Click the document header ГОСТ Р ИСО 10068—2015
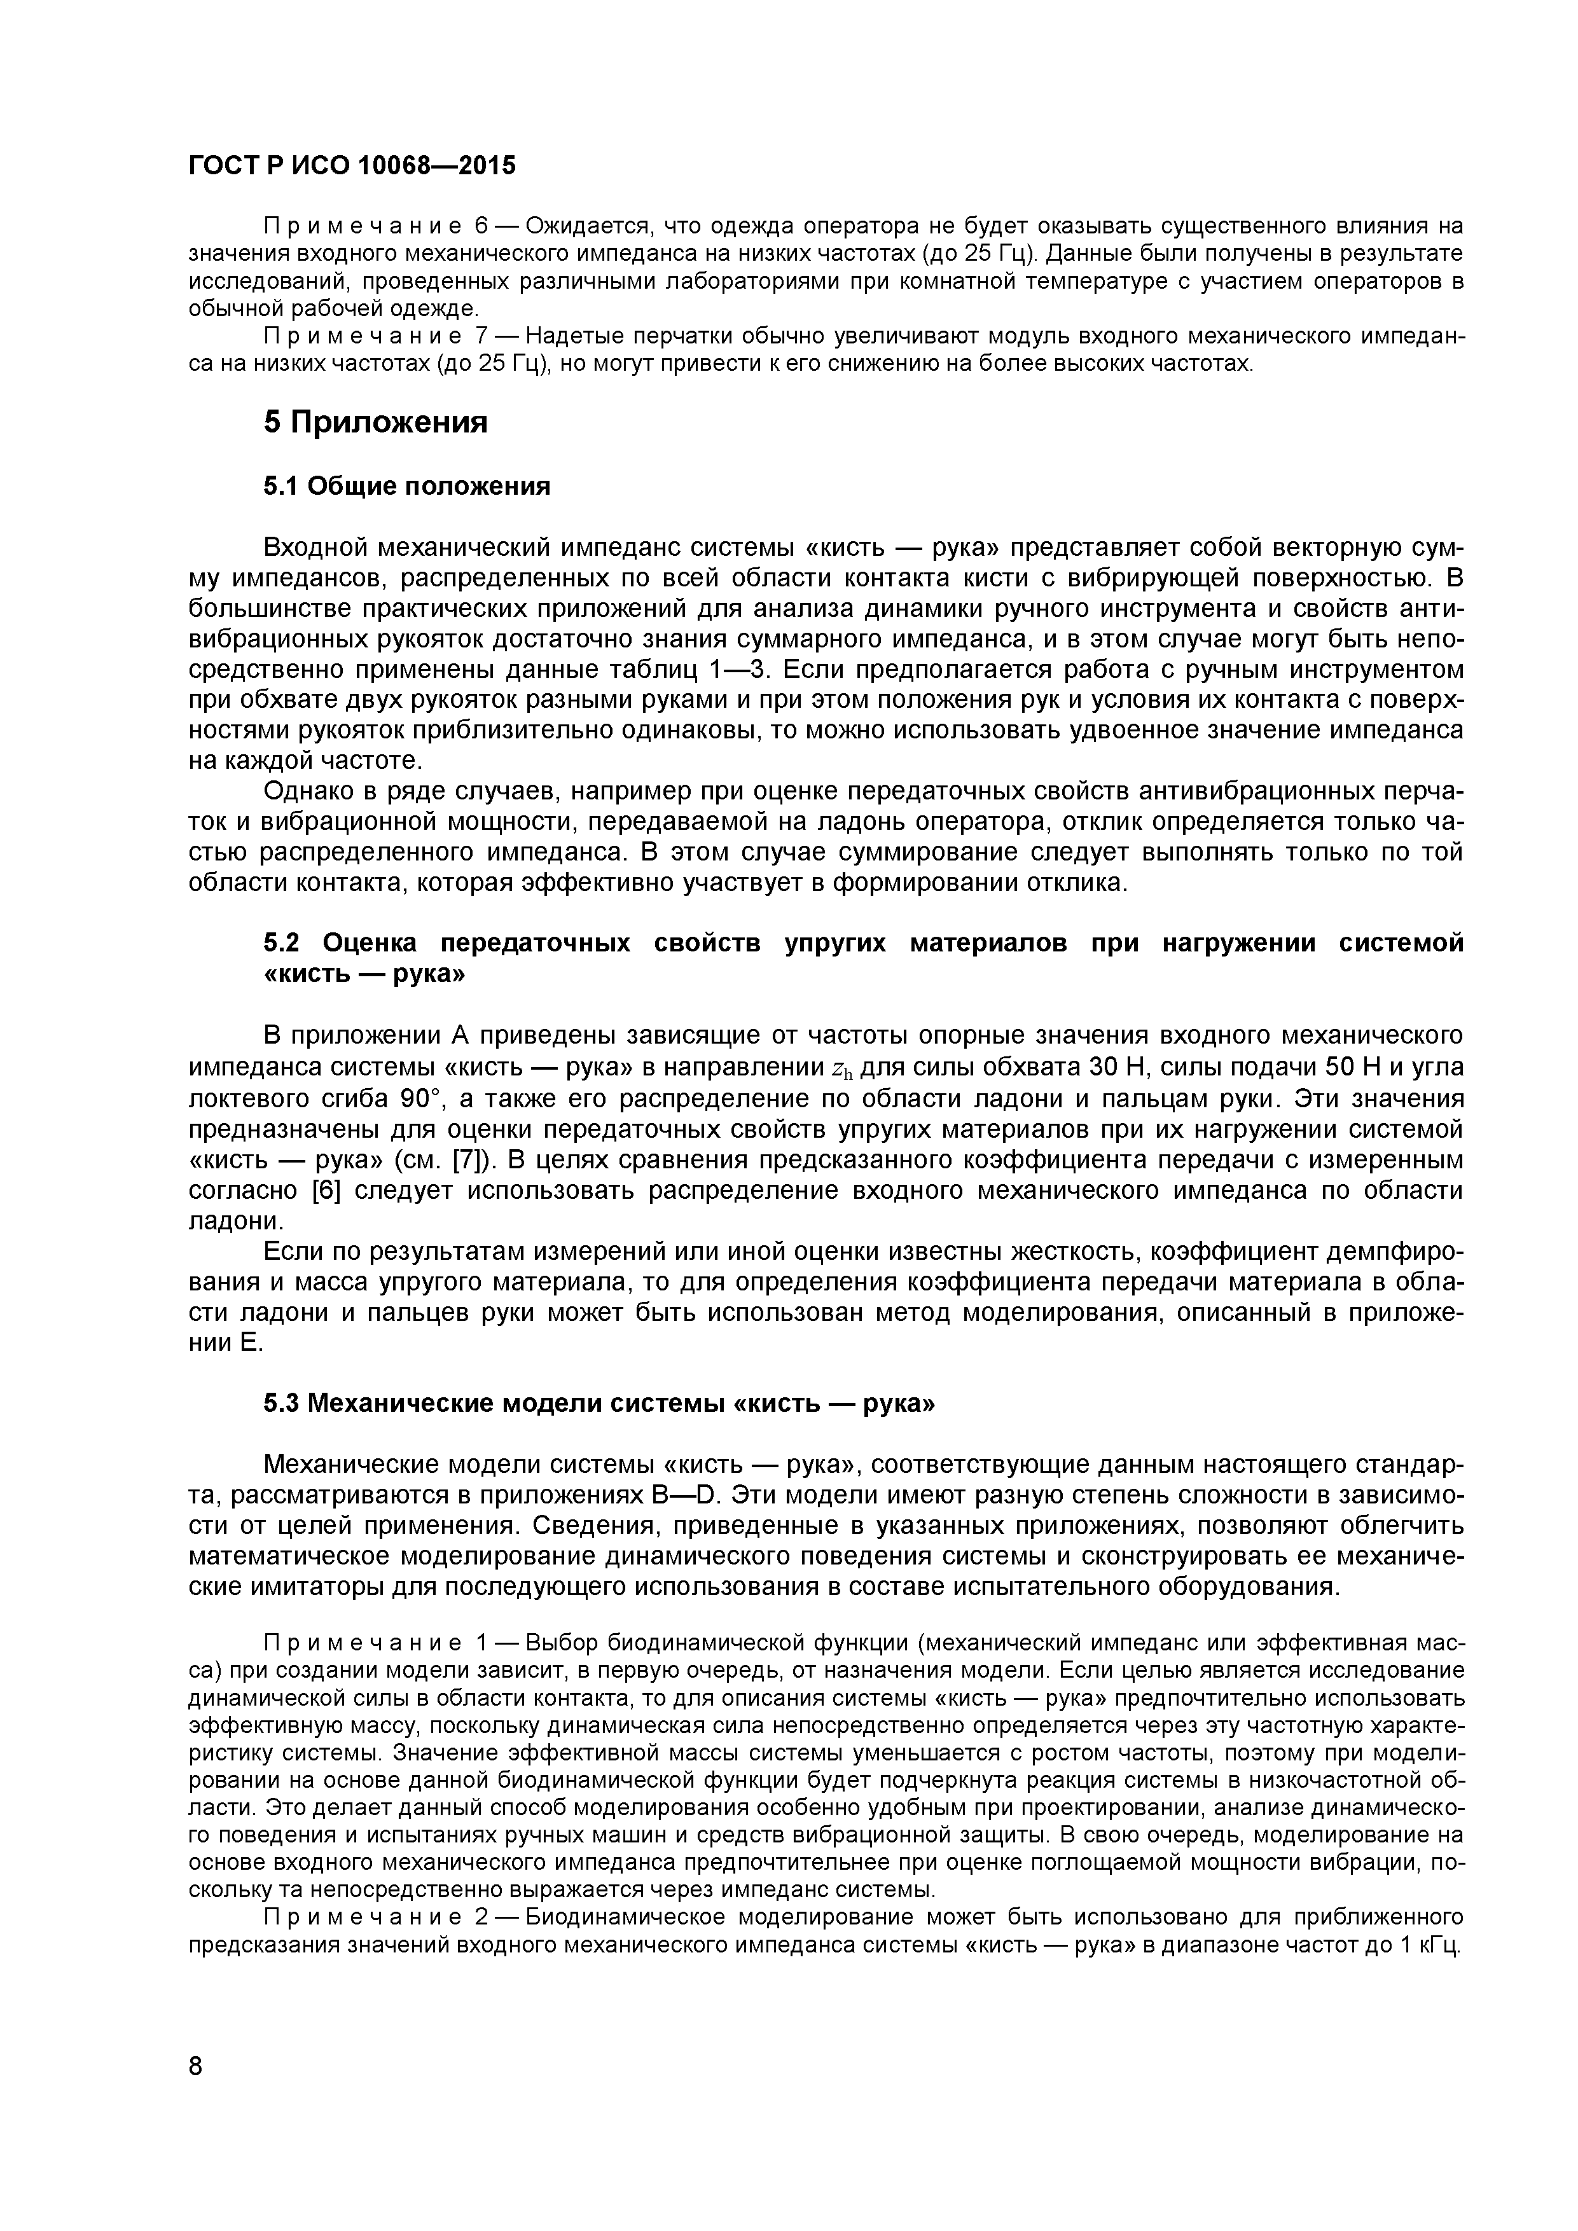click(352, 166)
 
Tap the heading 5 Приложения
click(375, 423)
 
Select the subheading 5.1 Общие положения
click(406, 486)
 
